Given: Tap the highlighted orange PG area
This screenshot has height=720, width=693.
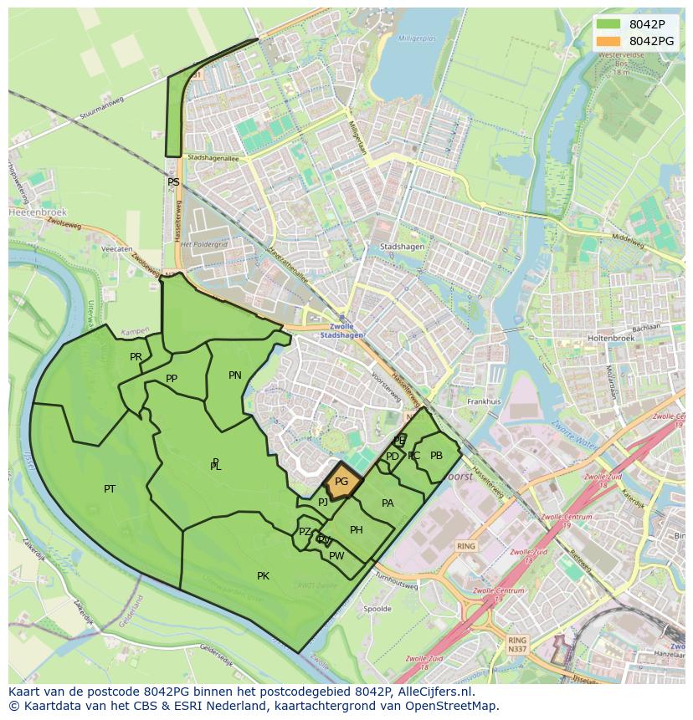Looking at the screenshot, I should [341, 483].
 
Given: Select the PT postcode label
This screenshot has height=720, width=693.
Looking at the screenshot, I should [110, 489].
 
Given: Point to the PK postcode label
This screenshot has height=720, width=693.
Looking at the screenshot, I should [263, 576].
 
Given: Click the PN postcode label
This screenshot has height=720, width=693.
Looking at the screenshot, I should [235, 375].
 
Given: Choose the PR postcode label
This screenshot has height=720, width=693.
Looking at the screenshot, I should [136, 357].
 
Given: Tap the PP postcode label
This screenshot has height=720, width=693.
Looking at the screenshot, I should [172, 379].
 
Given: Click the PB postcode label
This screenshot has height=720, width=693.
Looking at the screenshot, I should [436, 456].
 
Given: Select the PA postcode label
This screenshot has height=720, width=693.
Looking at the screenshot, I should [388, 503].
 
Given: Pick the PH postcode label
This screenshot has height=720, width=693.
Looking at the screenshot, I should [357, 530].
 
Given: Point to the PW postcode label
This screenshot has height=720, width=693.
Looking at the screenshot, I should [336, 556].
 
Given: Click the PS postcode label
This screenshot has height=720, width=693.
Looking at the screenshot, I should [173, 182].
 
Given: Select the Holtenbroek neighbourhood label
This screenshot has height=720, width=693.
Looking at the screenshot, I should [613, 338].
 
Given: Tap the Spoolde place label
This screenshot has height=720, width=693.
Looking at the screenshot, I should [377, 609].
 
